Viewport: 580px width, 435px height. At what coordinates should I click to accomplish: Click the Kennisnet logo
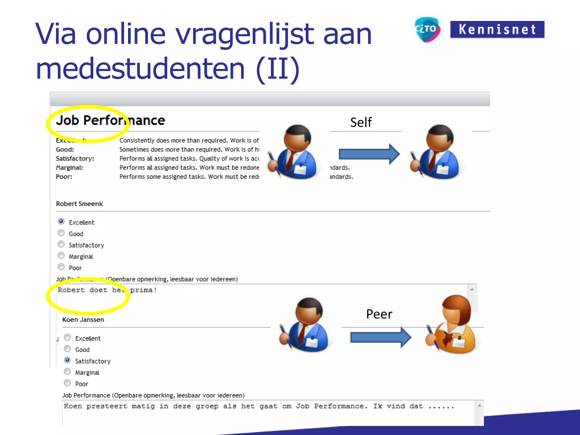click(497, 29)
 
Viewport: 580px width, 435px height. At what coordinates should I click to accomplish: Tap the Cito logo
click(427, 29)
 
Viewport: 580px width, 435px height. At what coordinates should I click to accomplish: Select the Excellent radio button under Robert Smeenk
click(61, 221)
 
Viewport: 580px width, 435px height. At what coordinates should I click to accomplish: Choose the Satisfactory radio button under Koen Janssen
click(67, 360)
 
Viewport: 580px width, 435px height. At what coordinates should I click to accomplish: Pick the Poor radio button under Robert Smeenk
click(61, 267)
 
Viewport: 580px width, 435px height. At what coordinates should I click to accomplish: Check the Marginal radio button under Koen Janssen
click(67, 372)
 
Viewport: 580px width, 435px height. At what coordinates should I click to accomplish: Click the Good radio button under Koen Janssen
click(67, 349)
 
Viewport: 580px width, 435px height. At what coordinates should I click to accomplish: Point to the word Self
click(361, 123)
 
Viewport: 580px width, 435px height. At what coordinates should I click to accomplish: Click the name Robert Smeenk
click(79, 204)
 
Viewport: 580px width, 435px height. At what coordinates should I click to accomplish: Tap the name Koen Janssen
click(83, 320)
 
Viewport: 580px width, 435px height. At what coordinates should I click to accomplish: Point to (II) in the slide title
click(278, 69)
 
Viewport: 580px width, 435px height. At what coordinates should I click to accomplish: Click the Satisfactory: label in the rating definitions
click(75, 159)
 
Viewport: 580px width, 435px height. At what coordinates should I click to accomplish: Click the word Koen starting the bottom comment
click(73, 406)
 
